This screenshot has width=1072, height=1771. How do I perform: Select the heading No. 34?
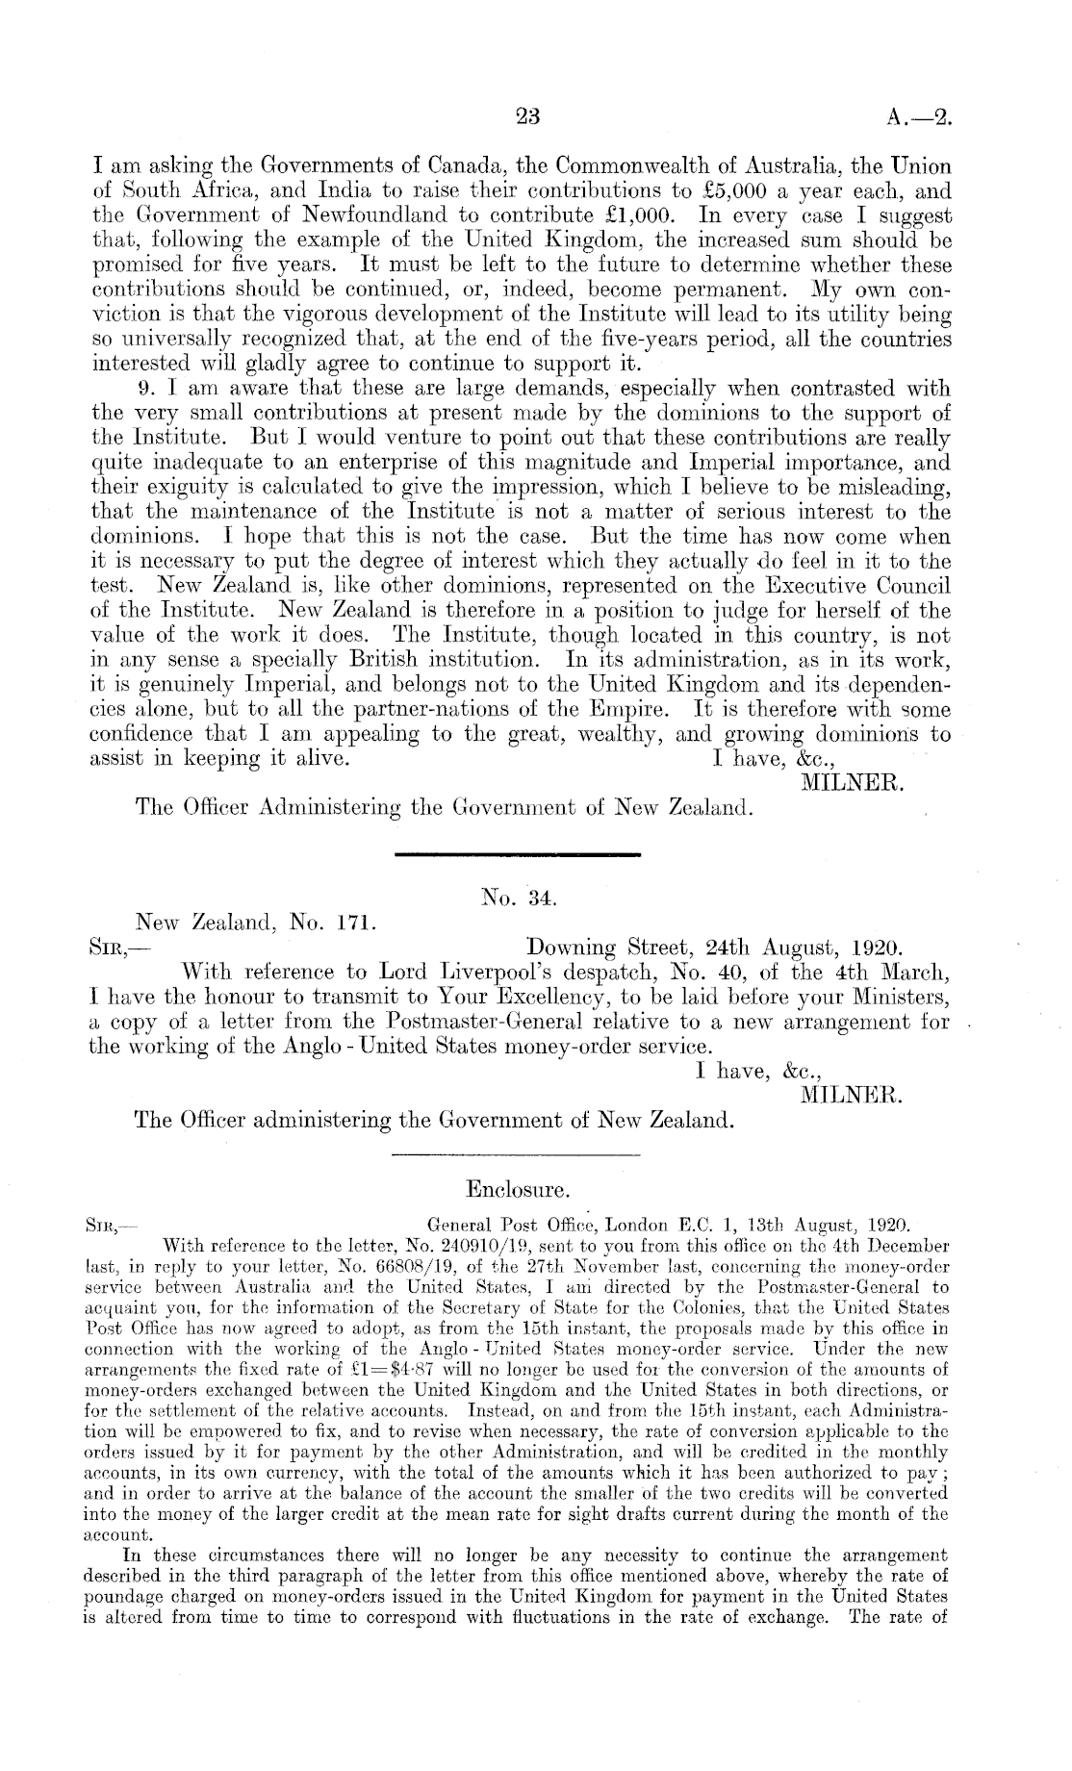click(x=519, y=898)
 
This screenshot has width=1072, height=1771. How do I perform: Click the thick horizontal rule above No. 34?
click(x=519, y=854)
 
